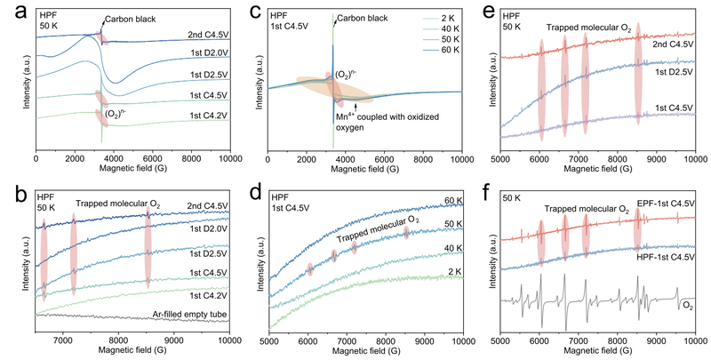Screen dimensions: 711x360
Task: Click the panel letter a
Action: pos(22,12)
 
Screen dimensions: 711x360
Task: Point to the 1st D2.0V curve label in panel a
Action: pos(210,53)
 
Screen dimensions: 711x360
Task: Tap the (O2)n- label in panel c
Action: pos(345,74)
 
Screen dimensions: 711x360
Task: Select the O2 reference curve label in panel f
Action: pos(688,307)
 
